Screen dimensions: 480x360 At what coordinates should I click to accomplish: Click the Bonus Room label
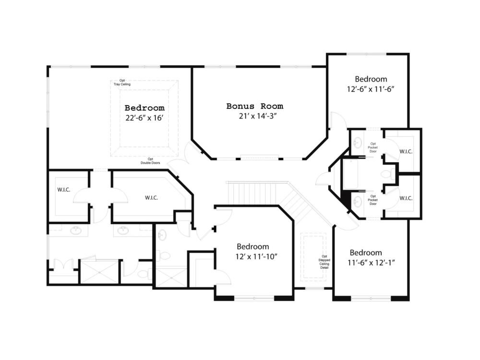pyautogui.click(x=254, y=106)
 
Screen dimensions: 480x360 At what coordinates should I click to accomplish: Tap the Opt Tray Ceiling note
pyautogui.click(x=122, y=83)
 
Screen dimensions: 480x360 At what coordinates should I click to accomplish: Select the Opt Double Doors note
pyautogui.click(x=150, y=161)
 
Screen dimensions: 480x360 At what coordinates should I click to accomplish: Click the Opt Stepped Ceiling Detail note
pyautogui.click(x=324, y=262)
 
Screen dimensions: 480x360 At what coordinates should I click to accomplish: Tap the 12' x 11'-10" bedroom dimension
pyautogui.click(x=256, y=256)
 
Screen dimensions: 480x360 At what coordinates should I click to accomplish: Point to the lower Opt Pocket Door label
pyautogui.click(x=373, y=200)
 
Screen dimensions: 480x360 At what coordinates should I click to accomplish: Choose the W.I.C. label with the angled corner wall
pyautogui.click(x=151, y=197)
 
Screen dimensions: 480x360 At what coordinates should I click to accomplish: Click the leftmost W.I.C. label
pyautogui.click(x=64, y=190)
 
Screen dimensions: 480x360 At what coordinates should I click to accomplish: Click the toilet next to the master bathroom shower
pyautogui.click(x=143, y=274)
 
